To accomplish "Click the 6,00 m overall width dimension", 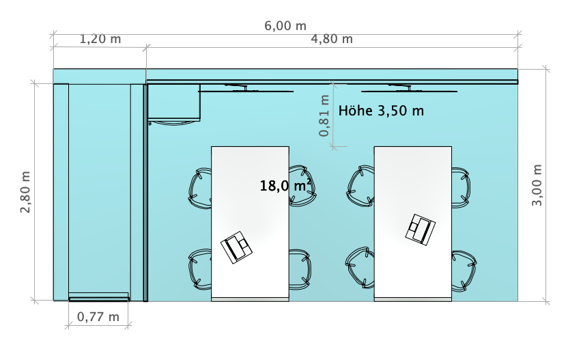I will pyautogui.click(x=285, y=26).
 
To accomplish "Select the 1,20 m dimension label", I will pyautogui.click(x=100, y=40).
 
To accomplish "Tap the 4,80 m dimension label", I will pyautogui.click(x=332, y=40).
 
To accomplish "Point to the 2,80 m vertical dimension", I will pyautogui.click(x=26, y=192).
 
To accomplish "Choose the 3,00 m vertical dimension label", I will pyautogui.click(x=537, y=185).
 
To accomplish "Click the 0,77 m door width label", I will pyautogui.click(x=98, y=317).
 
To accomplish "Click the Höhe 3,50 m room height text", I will pyautogui.click(x=381, y=111).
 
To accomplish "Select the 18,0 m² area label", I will pyautogui.click(x=286, y=185).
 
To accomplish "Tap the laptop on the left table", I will pyautogui.click(x=236, y=247).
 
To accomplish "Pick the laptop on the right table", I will pyautogui.click(x=421, y=229).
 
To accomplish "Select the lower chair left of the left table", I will pyautogui.click(x=201, y=268).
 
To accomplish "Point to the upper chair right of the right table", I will pyautogui.click(x=459, y=186).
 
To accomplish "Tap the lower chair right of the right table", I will pyautogui.click(x=462, y=268).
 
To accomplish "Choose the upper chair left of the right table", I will pyautogui.click(x=361, y=185).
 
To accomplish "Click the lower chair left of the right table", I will pyautogui.click(x=360, y=266).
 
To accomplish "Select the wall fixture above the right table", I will pyautogui.click(x=408, y=88).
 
